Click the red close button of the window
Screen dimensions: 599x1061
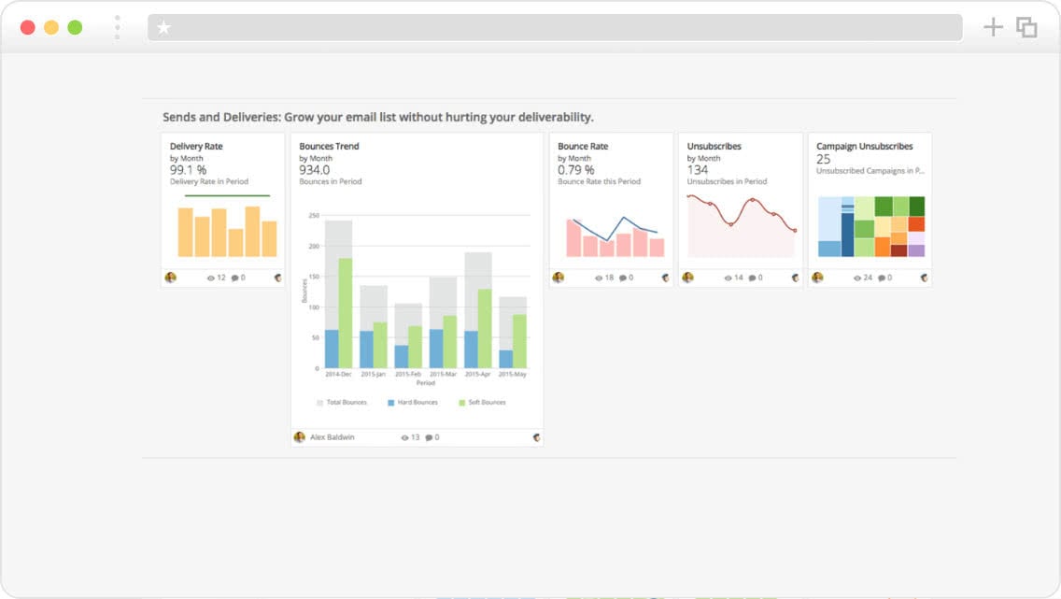click(x=28, y=27)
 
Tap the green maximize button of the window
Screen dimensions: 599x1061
click(x=75, y=27)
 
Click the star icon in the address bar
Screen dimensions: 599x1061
click(x=164, y=28)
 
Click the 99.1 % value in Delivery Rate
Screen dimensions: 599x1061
click(x=188, y=170)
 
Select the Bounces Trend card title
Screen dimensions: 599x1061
click(x=329, y=147)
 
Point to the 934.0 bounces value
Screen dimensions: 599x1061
click(x=314, y=170)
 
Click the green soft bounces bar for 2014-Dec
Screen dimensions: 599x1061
click(x=346, y=313)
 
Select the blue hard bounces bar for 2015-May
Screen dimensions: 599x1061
click(x=505, y=359)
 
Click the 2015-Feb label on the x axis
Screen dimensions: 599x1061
click(x=407, y=375)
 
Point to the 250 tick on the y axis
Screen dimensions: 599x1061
click(x=314, y=216)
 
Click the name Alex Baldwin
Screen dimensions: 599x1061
click(x=332, y=437)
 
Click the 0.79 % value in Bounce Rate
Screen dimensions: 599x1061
click(x=575, y=170)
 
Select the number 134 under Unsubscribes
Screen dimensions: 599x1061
click(x=698, y=170)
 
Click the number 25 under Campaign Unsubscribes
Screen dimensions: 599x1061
click(x=823, y=160)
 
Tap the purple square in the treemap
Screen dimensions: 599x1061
click(x=916, y=250)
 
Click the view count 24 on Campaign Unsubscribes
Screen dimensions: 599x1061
click(x=868, y=278)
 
